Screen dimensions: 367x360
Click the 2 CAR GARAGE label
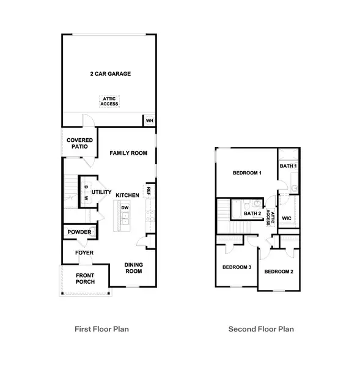point(108,74)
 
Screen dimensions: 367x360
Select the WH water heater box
point(149,120)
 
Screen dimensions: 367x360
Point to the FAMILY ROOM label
point(128,153)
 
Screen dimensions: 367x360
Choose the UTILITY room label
point(101,192)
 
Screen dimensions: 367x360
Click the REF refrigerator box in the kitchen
point(149,191)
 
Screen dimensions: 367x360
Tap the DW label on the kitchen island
point(125,208)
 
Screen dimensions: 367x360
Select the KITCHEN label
point(128,195)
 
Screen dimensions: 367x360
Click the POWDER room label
point(79,232)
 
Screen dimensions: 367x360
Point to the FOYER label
point(84,253)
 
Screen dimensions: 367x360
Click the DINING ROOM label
point(134,269)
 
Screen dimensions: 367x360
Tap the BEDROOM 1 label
point(248,173)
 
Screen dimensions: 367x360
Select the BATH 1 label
point(288,166)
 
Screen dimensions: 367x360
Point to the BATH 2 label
point(252,213)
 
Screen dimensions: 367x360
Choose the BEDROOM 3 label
point(237,267)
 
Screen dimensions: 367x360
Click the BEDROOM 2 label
point(279,271)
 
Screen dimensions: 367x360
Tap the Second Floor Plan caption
point(261,329)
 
